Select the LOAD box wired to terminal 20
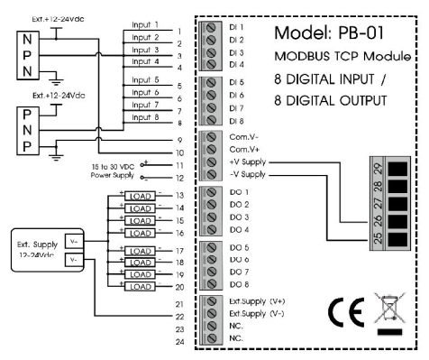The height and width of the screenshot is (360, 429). (139, 286)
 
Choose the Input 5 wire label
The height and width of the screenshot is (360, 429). (143, 80)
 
